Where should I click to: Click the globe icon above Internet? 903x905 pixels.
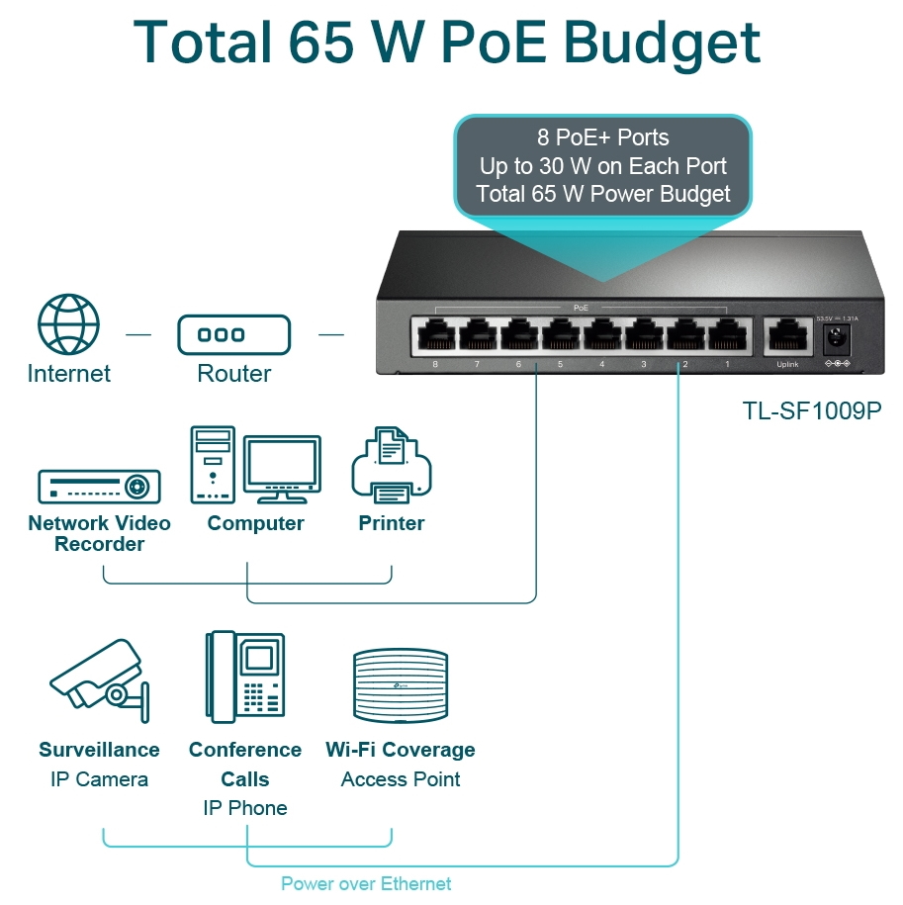[68, 323]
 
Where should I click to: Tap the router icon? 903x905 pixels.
[233, 334]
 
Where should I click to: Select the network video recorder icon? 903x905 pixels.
[99, 487]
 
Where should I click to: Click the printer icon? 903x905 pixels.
[392, 465]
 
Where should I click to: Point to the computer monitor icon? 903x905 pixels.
[282, 469]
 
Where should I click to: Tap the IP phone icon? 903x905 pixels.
[245, 677]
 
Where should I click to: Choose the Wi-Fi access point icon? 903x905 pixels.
[401, 685]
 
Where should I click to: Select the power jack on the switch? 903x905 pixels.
[837, 337]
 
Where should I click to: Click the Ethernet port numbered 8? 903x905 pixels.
[435, 334]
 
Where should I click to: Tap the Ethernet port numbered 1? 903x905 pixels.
[728, 334]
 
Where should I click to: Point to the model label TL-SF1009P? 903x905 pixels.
[812, 410]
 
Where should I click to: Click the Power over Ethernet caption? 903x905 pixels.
[366, 883]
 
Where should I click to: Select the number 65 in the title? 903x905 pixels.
[320, 43]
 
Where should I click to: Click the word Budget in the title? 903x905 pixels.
[662, 45]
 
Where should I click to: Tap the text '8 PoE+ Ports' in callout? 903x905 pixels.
[603, 137]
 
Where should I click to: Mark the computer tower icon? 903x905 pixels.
[213, 465]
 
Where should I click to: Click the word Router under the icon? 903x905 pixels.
[233, 374]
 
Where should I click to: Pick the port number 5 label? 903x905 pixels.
[560, 364]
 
